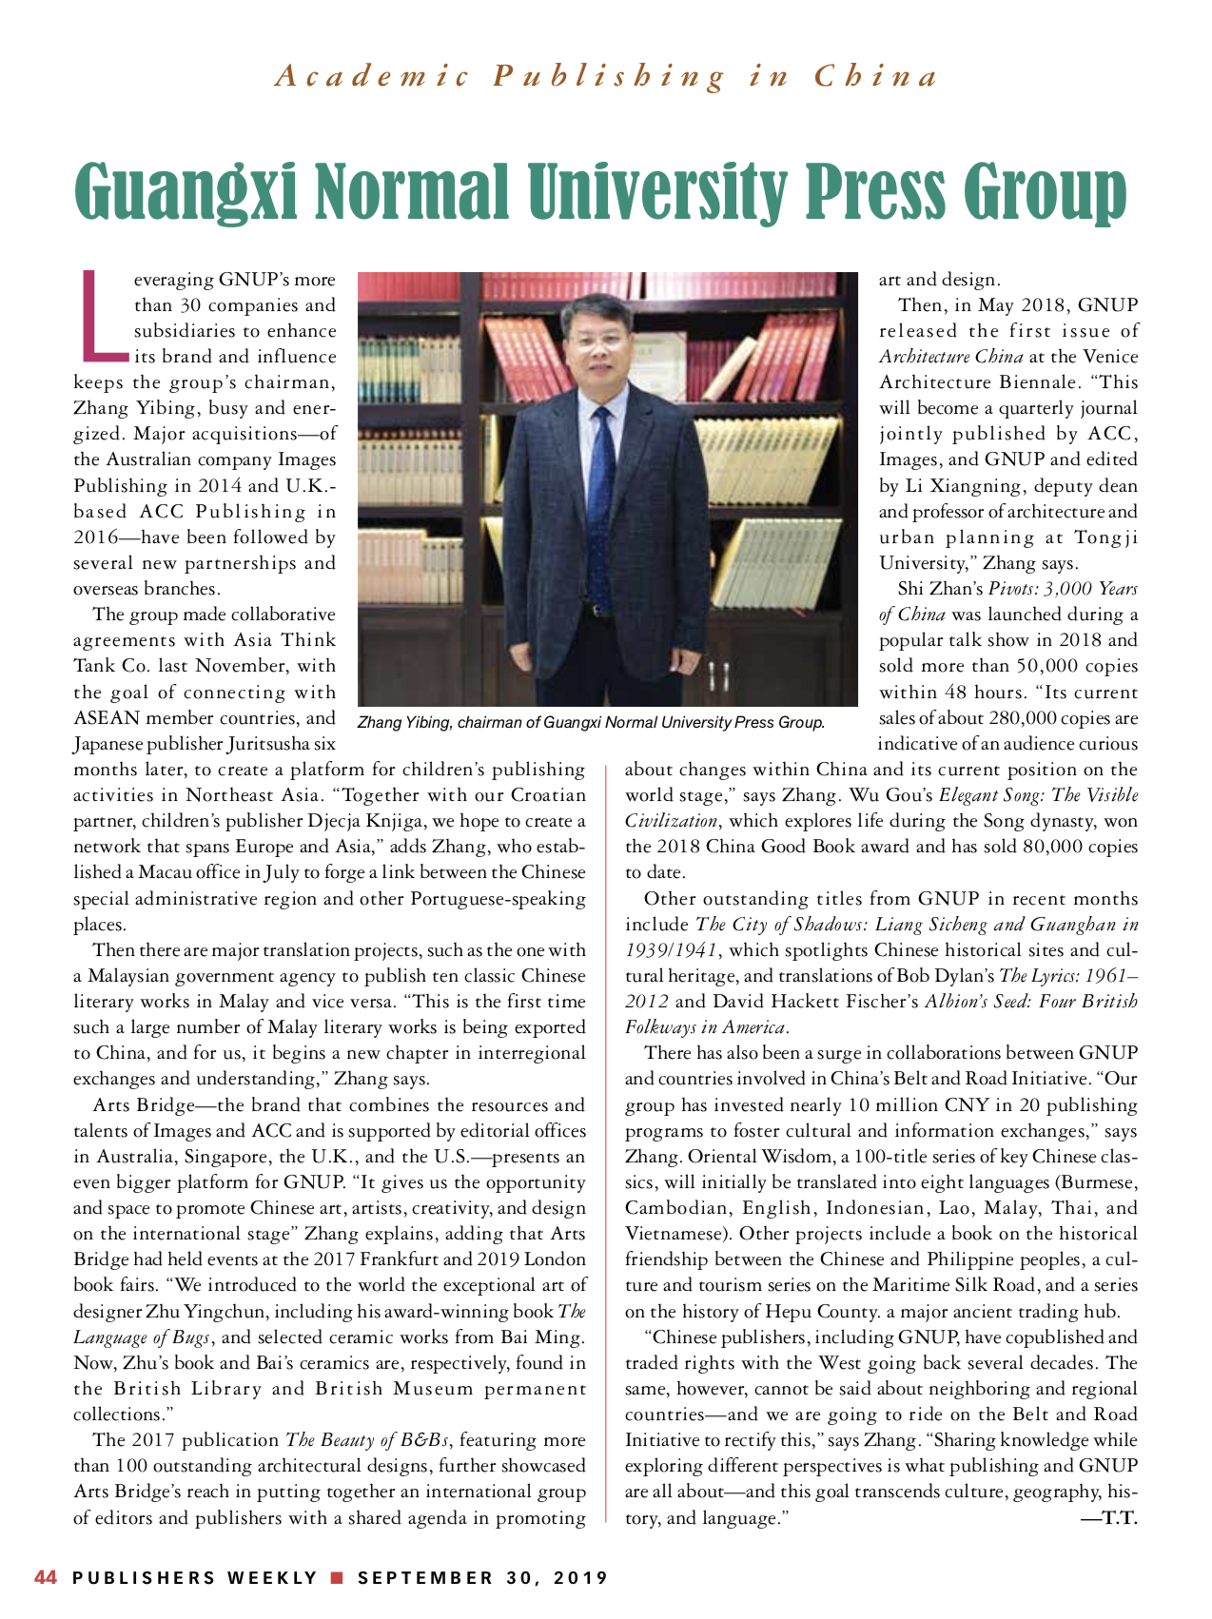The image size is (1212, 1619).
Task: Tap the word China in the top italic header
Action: click(875, 76)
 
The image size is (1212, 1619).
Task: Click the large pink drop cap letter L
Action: click(99, 317)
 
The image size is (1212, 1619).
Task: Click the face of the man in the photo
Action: click(597, 340)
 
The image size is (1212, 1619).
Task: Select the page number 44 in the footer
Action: click(46, 1577)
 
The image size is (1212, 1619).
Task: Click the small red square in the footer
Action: click(336, 1577)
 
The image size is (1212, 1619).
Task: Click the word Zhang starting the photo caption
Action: click(379, 723)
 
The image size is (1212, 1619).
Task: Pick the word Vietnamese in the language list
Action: click(676, 1234)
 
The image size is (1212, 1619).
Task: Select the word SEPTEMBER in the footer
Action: click(425, 1577)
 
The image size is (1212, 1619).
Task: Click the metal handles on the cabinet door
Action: click(718, 676)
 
